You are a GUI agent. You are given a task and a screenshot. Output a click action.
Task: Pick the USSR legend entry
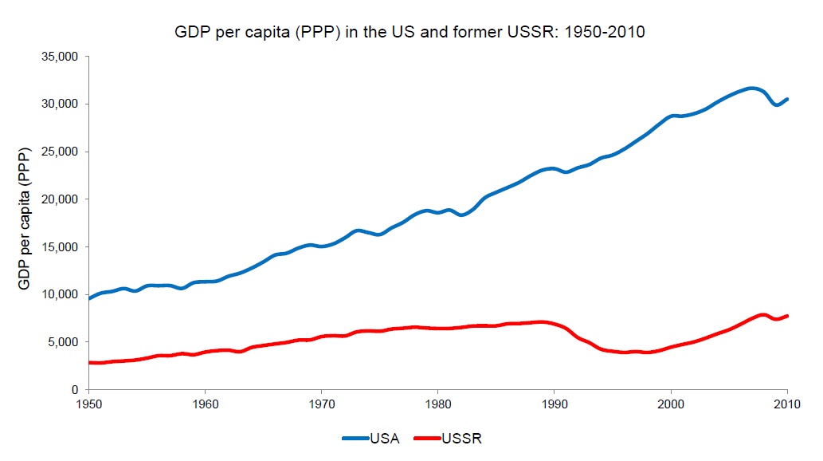(452, 438)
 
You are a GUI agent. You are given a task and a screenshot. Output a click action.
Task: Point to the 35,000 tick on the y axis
(60, 57)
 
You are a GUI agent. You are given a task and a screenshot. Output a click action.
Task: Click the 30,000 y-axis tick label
(60, 104)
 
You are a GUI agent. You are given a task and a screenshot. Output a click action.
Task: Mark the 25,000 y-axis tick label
(60, 152)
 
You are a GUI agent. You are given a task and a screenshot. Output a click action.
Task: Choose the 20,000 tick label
(60, 199)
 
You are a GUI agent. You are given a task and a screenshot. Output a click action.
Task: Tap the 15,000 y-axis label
(60, 246)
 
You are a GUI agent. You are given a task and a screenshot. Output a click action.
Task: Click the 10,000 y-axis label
(60, 294)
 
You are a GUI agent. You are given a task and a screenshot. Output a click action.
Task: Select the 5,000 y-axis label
(63, 342)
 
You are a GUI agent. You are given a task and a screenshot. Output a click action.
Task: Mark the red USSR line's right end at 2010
(787, 316)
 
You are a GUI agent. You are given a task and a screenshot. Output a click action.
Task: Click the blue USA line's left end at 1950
(89, 298)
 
